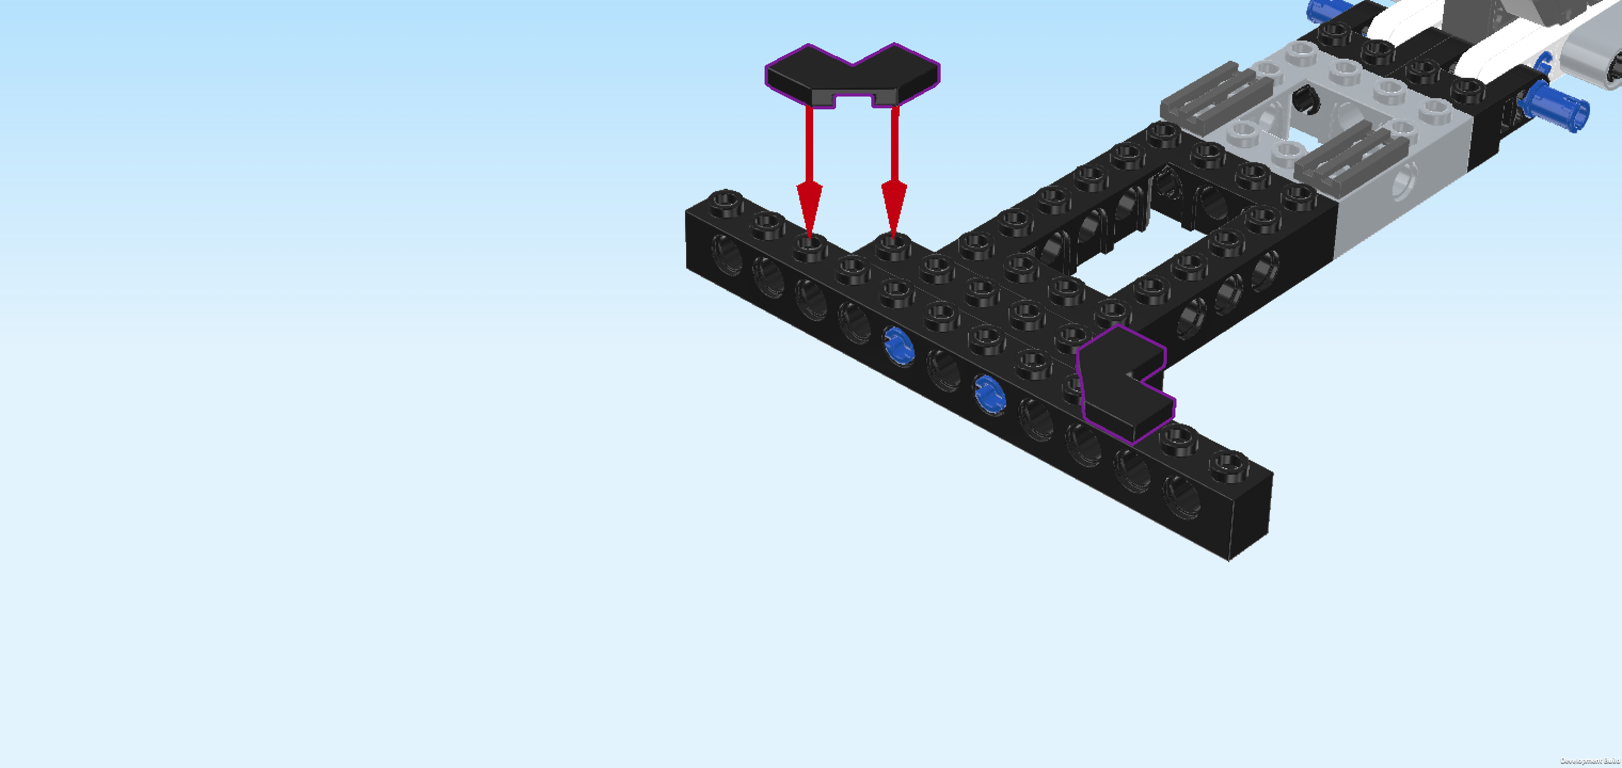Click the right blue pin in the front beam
coord(990,394)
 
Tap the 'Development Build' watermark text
coord(1590,761)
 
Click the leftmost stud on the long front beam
coord(726,203)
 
